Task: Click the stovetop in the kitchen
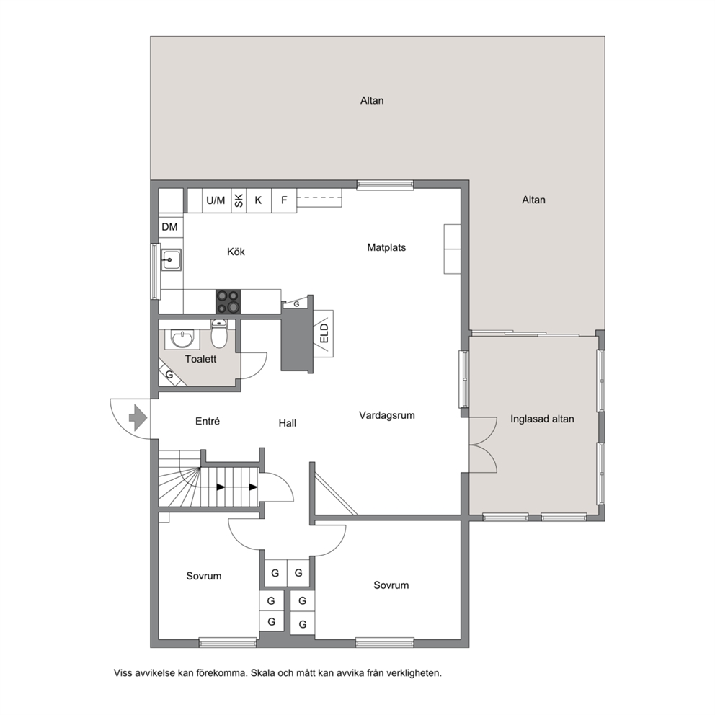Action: pos(228,302)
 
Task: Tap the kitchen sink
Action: pos(171,260)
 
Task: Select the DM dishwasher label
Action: pos(169,226)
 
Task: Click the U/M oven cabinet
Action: pos(216,200)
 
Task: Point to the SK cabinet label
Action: pos(239,200)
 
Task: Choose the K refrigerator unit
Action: pos(259,200)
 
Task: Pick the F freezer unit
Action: pos(284,200)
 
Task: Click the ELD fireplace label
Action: pos(324,333)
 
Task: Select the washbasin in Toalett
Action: pos(182,339)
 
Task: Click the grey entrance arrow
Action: pos(138,418)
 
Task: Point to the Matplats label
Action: pos(386,247)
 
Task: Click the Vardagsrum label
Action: pos(386,415)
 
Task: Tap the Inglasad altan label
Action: pos(542,419)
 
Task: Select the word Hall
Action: pos(288,423)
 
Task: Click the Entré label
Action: pos(208,421)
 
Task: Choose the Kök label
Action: pos(236,252)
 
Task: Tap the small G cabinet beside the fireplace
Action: pos(296,303)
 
